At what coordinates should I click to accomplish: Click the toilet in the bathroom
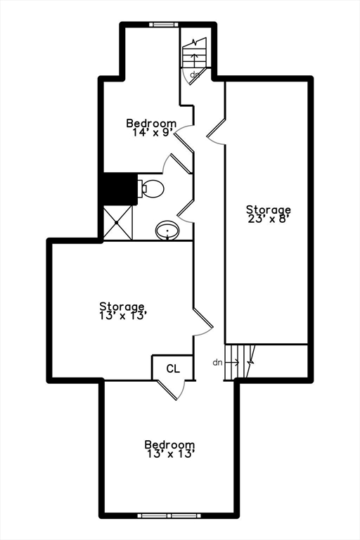[151, 189]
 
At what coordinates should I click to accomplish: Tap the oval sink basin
[168, 230]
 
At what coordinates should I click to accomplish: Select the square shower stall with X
[118, 223]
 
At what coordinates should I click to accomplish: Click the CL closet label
[173, 369]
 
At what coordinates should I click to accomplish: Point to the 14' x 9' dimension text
[152, 133]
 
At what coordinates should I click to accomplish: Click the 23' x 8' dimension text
[268, 219]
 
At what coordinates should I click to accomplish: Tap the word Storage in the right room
[269, 210]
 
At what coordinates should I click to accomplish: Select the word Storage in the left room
[122, 306]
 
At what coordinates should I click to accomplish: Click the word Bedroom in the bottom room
[169, 444]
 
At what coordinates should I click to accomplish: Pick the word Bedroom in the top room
[151, 123]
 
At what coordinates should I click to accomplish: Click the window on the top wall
[164, 25]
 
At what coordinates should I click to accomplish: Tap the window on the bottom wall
[169, 515]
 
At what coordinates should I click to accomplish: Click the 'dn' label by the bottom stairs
[217, 362]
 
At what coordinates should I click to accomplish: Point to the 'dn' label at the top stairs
[195, 74]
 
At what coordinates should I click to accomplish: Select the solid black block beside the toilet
[120, 189]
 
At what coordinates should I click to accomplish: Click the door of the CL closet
[172, 390]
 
